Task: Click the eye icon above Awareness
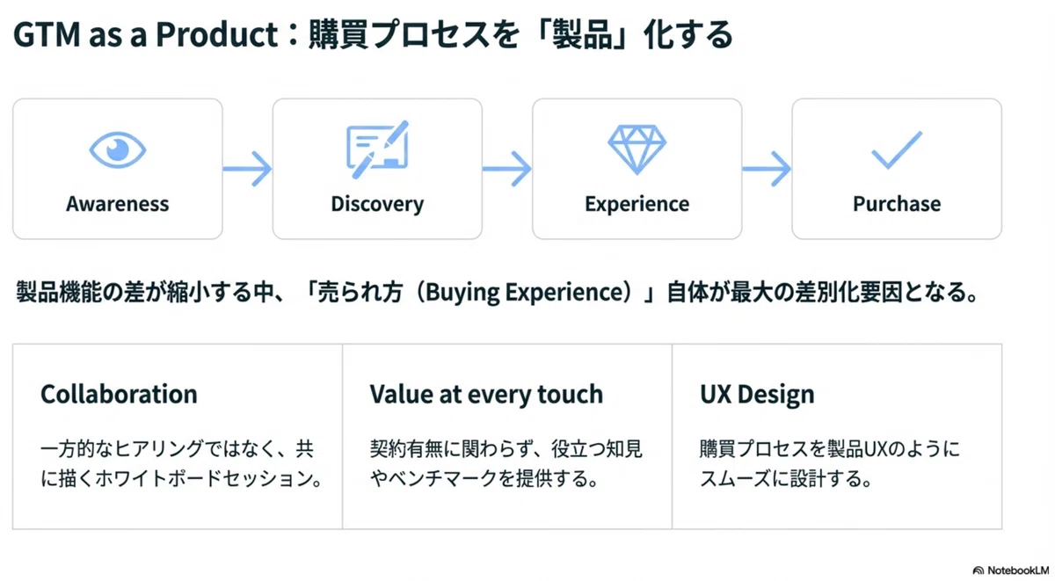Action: coord(117,149)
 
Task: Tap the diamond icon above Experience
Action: coord(637,149)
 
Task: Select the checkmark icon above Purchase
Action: coord(897,149)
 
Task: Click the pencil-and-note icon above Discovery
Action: coord(378,149)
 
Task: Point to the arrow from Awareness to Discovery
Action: coord(247,169)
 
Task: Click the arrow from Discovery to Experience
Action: coord(507,169)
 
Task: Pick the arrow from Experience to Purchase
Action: coord(767,169)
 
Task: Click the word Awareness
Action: coord(117,204)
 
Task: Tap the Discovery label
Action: coord(377,204)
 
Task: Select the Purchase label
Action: coord(897,204)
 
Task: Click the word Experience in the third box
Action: coord(637,204)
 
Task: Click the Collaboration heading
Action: coord(119,394)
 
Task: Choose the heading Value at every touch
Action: coord(486,395)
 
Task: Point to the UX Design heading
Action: coord(757,395)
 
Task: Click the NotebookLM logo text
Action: coord(1018,570)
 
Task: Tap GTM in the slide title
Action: coord(47,34)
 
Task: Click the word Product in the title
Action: coord(216,34)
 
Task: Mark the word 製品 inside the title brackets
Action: coord(582,34)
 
